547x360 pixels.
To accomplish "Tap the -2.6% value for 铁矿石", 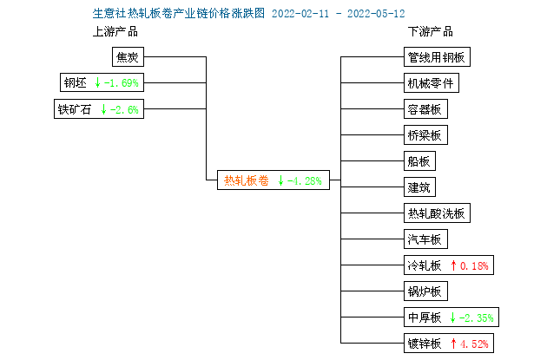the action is coord(124,110).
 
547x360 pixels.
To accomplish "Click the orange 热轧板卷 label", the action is coord(247,180).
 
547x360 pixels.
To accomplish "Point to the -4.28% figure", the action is coord(304,181).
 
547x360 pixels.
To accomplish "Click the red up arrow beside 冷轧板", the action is coord(453,265).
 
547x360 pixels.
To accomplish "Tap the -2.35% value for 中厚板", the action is coord(476,317).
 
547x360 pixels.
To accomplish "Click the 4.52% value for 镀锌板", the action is coord(474,344).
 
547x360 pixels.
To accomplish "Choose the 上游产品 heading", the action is coord(115,32).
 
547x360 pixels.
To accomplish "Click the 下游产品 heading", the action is coord(431,32).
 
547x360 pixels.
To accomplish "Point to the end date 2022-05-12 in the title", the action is coord(376,14).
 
